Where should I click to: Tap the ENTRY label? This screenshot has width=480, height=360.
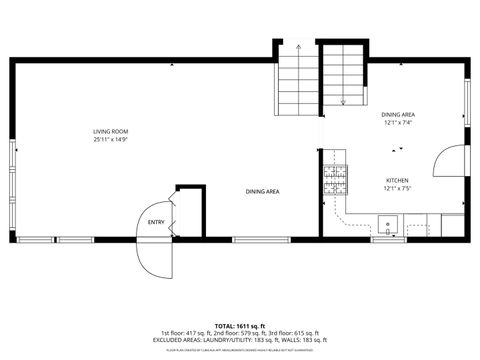point(155,222)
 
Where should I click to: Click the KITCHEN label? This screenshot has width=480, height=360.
point(397,181)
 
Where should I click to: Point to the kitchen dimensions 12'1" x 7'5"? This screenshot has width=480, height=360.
point(397,189)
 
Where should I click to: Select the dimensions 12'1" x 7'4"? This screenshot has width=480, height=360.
point(397,123)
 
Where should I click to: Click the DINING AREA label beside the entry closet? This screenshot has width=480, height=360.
point(263,191)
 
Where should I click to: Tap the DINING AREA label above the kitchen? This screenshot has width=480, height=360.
point(397,115)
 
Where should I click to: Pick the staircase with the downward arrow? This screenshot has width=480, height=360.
point(343,75)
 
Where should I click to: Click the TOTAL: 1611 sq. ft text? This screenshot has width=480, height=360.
point(239,326)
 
